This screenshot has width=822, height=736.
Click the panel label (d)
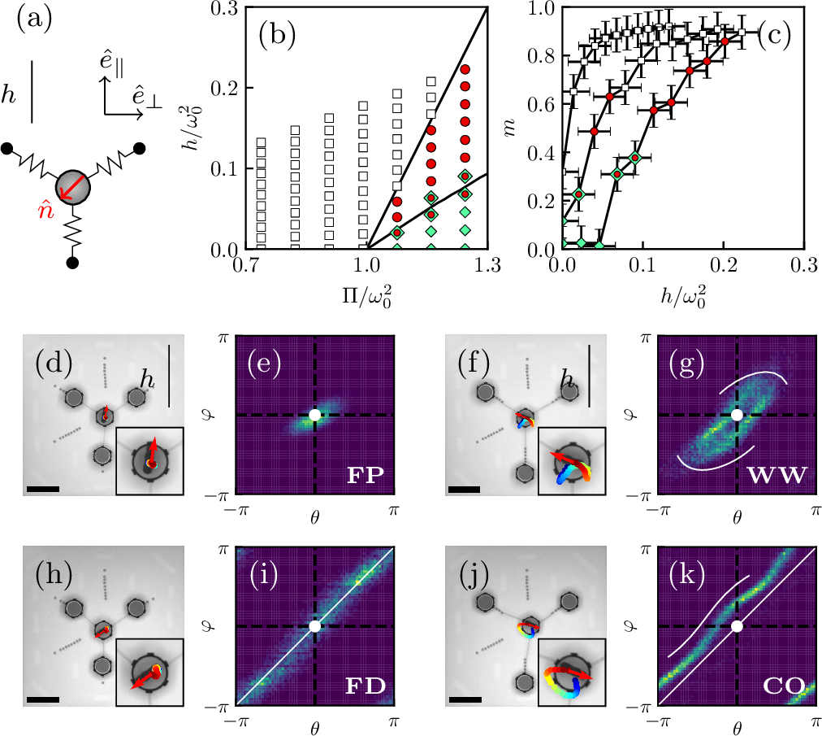[54, 364]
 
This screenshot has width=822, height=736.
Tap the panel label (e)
[264, 364]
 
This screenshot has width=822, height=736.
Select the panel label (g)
[686, 364]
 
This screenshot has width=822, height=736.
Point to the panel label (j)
[474, 575]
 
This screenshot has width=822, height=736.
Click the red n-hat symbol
[45, 211]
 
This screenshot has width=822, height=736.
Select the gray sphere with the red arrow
[72, 187]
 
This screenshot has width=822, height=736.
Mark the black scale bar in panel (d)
[43, 490]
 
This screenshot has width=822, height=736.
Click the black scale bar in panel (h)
[43, 699]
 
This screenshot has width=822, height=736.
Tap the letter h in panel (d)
[147, 380]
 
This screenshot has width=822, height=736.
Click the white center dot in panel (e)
[315, 415]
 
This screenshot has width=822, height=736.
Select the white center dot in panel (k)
[737, 625]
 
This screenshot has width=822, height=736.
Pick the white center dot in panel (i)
[315, 625]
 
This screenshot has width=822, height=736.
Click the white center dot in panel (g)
[737, 415]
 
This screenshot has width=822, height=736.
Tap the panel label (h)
[54, 575]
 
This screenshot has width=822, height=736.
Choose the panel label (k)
[686, 575]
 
